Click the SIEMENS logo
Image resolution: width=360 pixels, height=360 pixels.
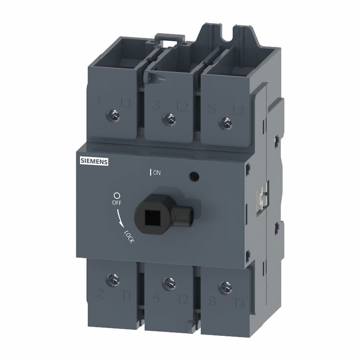(94, 162)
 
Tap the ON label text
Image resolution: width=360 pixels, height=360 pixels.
(157, 173)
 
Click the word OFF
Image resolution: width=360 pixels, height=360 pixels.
(117, 202)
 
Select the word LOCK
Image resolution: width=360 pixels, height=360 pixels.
(129, 237)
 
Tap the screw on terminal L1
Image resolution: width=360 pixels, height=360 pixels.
(113, 116)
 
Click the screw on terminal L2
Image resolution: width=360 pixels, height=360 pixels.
(169, 119)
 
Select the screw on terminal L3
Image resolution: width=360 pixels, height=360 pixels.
(225, 123)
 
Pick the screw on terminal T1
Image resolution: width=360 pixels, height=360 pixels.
(113, 280)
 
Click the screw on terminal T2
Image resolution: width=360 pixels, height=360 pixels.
(169, 284)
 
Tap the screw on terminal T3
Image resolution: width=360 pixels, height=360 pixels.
(225, 288)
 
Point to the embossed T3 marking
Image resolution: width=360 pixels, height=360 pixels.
(239, 304)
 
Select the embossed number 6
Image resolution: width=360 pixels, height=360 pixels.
(212, 301)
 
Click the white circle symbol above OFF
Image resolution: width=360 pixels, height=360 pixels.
(117, 196)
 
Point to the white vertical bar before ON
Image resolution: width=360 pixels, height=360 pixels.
(151, 172)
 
